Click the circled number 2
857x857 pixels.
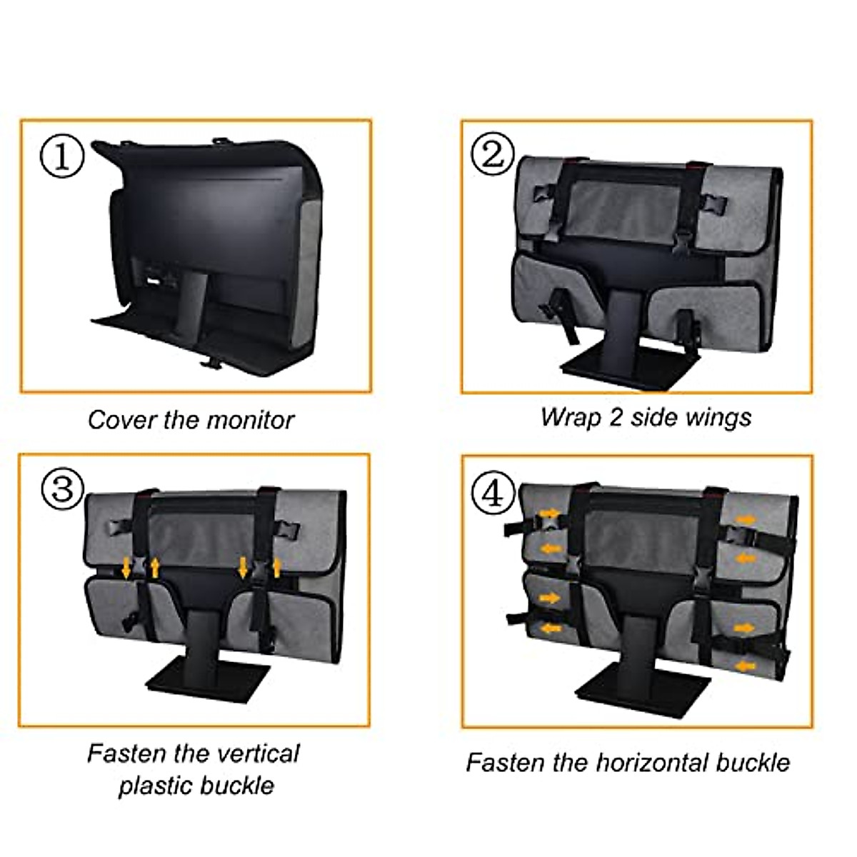[493, 154]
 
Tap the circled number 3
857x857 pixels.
[63, 489]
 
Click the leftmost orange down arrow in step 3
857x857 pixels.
[126, 568]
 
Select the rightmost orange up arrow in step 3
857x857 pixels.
[278, 568]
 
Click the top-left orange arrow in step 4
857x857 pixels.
[549, 513]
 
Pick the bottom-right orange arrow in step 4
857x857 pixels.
[743, 666]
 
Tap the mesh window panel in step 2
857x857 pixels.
[626, 207]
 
